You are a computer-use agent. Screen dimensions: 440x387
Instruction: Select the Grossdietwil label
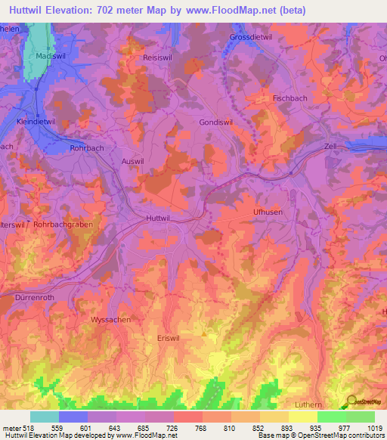pos(250,37)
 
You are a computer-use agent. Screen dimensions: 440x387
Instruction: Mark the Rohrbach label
pos(85,149)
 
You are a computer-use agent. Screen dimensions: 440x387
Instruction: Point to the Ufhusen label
pos(268,212)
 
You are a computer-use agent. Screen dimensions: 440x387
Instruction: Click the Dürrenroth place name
pos(35,298)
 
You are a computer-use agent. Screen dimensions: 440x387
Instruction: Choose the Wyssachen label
pos(111,320)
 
